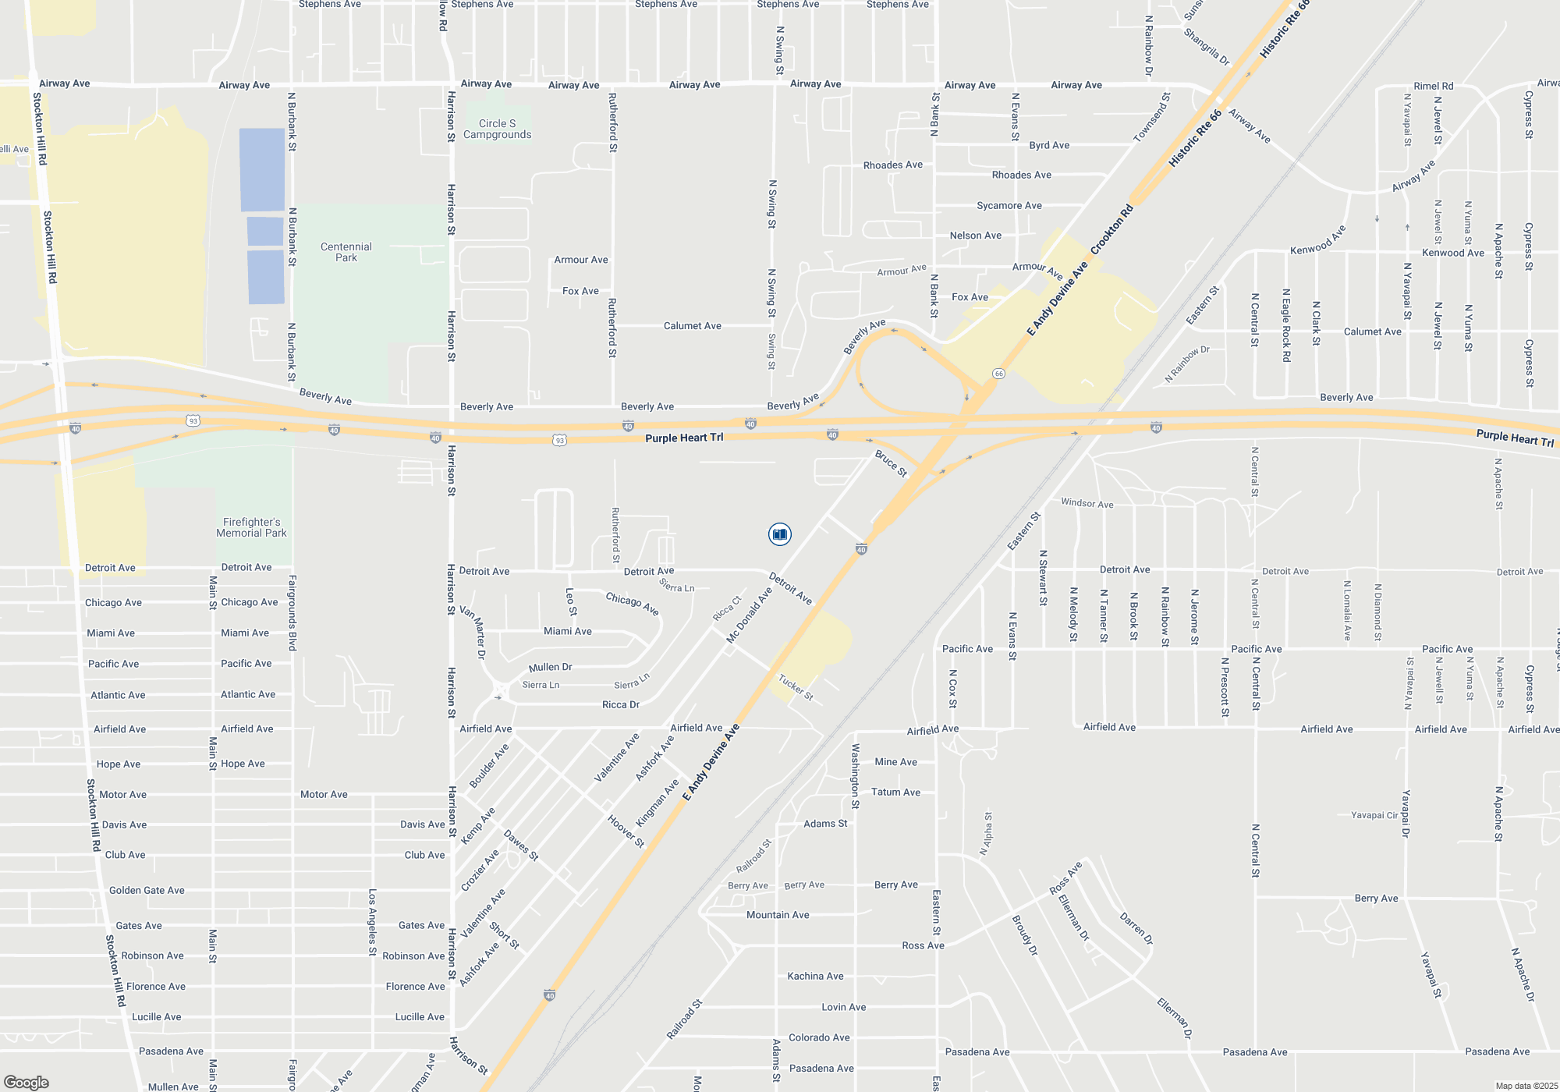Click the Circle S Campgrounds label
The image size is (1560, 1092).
point(497,129)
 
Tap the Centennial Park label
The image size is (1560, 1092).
point(346,252)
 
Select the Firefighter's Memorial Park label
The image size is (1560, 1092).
point(251,527)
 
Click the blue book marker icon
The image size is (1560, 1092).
point(779,534)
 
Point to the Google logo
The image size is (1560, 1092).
point(26,1082)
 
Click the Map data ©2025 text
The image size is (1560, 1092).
point(1526,1086)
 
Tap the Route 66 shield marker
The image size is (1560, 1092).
point(998,374)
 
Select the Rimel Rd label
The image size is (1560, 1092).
point(1433,86)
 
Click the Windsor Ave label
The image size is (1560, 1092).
point(1087,503)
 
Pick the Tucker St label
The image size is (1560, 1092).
point(796,687)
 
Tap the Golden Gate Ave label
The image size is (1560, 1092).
point(147,890)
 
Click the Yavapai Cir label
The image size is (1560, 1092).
point(1374,815)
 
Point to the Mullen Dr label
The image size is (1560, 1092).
point(550,667)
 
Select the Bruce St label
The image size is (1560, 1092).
point(891,463)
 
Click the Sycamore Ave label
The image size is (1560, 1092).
point(1009,205)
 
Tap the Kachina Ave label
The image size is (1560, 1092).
point(815,976)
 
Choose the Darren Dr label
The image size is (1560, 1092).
point(1136,928)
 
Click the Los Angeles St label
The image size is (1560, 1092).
point(373,922)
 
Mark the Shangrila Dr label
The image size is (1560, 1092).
point(1206,47)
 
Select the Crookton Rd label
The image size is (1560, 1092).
point(1111,229)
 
